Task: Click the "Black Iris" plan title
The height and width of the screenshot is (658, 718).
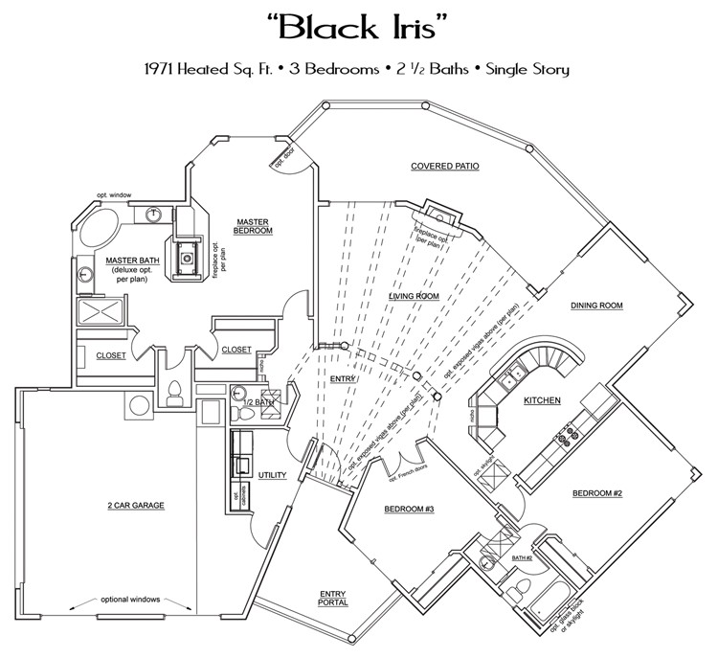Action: tap(359, 28)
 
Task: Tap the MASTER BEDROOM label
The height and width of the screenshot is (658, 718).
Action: tap(254, 226)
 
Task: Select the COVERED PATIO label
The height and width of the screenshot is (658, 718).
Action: tap(445, 166)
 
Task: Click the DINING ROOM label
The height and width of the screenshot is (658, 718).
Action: tap(597, 306)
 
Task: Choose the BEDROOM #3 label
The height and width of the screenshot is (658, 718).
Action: tap(409, 509)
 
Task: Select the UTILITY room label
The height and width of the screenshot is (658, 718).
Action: tap(273, 475)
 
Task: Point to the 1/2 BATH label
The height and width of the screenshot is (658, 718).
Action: tap(260, 402)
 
